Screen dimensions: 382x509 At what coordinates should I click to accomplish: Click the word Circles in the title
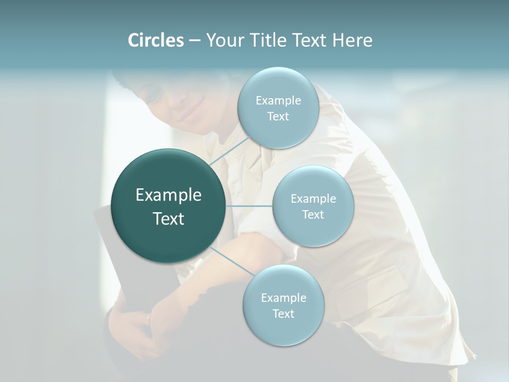[x=155, y=40]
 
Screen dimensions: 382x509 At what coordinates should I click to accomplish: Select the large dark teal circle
[x=169, y=206]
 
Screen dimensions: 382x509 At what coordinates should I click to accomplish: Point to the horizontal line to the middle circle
[x=249, y=206]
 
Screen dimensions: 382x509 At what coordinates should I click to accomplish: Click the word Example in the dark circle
[x=169, y=195]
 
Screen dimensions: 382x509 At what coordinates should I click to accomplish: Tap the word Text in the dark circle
[x=169, y=219]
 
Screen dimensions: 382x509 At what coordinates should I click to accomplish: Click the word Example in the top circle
[x=278, y=100]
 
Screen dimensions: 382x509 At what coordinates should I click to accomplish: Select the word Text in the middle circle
[x=313, y=214]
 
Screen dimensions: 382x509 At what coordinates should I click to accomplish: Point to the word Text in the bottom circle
[x=283, y=314]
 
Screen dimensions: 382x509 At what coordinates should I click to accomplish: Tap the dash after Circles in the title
[x=194, y=41]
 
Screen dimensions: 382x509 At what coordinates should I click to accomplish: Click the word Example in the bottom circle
[x=283, y=298]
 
